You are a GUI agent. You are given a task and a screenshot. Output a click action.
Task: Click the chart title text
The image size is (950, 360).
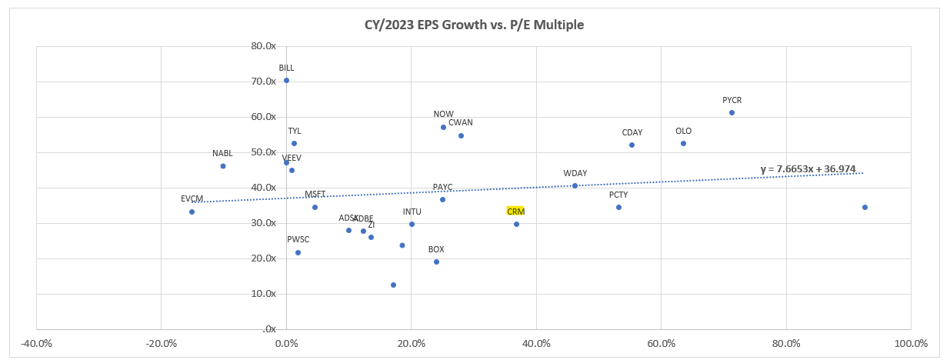coord(474,25)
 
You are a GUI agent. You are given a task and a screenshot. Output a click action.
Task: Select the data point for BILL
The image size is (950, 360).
coord(286,80)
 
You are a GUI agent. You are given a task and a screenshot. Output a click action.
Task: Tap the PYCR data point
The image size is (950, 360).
coord(732,112)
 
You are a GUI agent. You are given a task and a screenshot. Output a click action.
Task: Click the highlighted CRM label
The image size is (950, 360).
coord(515,211)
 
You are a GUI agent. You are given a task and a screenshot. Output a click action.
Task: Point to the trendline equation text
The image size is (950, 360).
coord(808,169)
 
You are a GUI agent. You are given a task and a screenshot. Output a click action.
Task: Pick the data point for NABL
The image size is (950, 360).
coord(223,166)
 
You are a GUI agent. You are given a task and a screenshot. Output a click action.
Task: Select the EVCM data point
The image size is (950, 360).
coord(192,212)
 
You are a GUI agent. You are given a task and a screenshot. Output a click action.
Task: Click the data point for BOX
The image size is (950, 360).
coord(436,262)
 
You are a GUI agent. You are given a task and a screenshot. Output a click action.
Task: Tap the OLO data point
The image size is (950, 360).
coord(683,143)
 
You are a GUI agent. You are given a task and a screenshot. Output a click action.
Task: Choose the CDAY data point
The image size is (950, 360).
coord(632,145)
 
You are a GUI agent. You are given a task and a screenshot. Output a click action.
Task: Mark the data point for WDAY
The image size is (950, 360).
coord(575,185)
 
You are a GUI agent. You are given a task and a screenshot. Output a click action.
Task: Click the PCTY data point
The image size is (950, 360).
coord(618,207)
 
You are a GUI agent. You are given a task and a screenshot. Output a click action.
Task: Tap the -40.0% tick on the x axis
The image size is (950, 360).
coord(36,342)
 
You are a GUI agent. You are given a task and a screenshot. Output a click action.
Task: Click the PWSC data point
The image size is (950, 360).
coord(298,252)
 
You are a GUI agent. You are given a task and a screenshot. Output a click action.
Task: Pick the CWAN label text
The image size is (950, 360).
coord(461,122)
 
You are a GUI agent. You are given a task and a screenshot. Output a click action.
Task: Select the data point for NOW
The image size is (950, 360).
coord(443,127)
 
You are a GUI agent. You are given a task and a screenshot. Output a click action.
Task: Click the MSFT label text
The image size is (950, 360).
coord(315,194)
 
